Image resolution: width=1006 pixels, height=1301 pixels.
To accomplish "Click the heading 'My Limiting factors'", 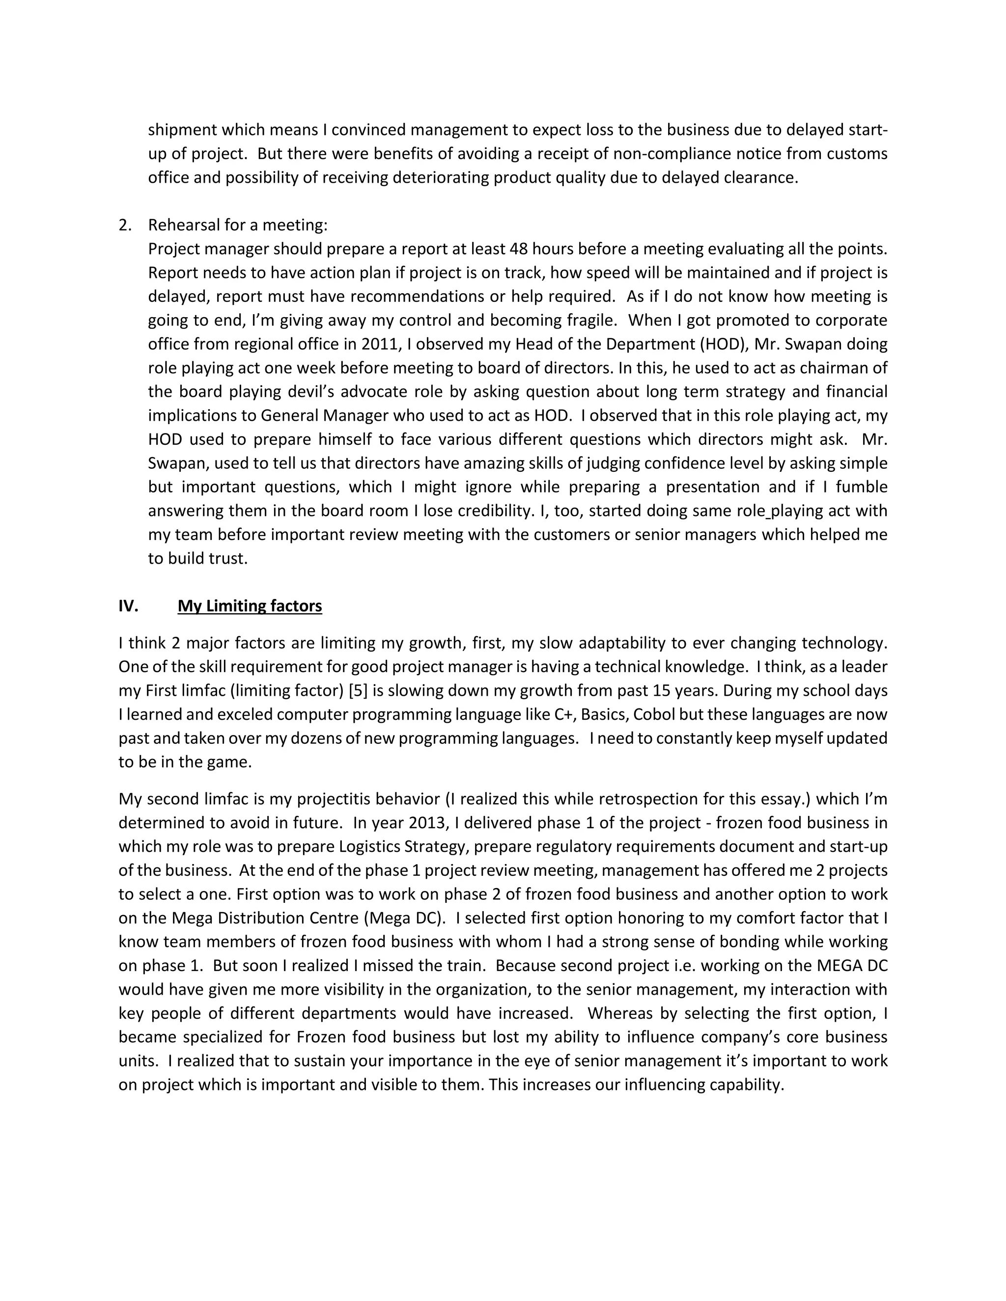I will (x=250, y=606).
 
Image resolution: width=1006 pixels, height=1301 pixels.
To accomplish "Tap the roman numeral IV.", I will (x=128, y=606).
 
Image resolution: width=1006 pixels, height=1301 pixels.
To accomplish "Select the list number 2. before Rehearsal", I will (x=125, y=225).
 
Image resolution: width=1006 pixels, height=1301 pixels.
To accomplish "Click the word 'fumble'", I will (x=861, y=488).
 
